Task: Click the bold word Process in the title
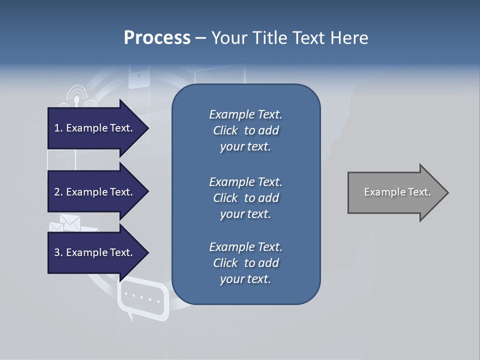click(x=157, y=38)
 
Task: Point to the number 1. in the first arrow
click(x=58, y=128)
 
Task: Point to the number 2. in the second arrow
click(x=58, y=192)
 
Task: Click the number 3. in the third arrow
click(x=58, y=252)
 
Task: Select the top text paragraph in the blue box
click(x=245, y=130)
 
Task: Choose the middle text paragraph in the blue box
click(x=245, y=198)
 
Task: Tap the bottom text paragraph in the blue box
click(x=245, y=263)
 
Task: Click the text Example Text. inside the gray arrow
click(x=397, y=192)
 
